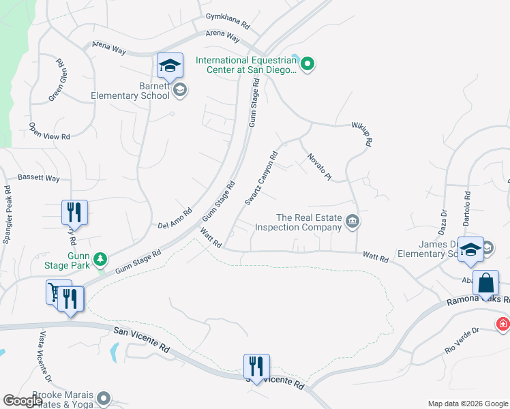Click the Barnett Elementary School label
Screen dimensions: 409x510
[x=130, y=91]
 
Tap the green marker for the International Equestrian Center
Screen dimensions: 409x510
[x=307, y=65]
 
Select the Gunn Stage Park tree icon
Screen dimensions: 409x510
[x=100, y=259]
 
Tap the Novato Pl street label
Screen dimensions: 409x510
[x=319, y=166]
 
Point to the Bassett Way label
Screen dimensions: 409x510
[x=39, y=178]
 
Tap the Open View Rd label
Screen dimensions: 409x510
[x=49, y=131]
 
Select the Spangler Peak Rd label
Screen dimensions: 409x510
[x=7, y=215]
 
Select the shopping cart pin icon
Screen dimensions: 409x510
[x=55, y=292]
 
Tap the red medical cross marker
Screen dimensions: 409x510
[x=503, y=324]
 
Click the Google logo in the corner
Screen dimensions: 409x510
[x=22, y=401]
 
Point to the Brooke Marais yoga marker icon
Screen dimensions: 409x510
[x=104, y=397]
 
